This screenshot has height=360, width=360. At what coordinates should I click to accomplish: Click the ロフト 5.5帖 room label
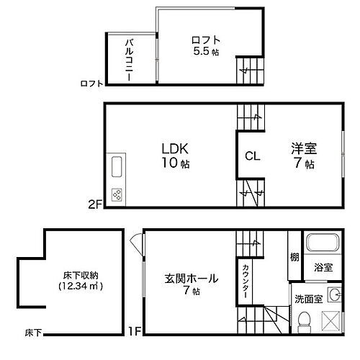coord(205,45)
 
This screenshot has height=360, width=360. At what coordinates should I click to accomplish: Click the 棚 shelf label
coord(294,258)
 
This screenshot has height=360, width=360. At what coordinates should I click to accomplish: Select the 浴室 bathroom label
coord(323,267)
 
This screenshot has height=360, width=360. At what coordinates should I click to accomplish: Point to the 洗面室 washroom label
coord(307,296)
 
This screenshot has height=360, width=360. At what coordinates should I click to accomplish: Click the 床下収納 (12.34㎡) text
coord(81,282)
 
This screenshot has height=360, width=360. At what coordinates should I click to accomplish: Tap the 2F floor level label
coord(95,204)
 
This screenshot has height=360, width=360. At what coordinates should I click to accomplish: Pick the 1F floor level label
coord(133,333)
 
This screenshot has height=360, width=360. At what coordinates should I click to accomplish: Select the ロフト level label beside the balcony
coord(91,84)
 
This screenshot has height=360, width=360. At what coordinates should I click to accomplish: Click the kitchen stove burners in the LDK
coord(116,194)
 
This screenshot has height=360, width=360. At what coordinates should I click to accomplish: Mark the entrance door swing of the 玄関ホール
coord(135,244)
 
